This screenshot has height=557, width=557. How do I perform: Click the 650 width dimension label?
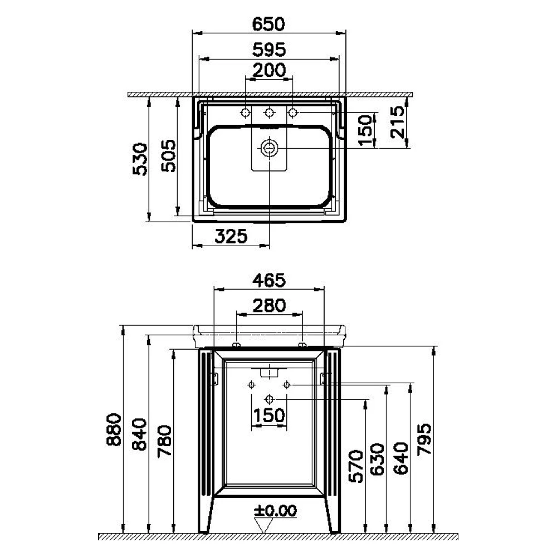coord(268,24)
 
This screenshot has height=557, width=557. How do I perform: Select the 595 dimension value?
coord(269,50)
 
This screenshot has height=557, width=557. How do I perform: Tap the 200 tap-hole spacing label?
coord(269,70)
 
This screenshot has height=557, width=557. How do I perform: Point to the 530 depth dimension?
coord(140,159)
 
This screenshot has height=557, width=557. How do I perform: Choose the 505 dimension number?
coord(168,155)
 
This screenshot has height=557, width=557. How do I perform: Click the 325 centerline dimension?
coord(231,236)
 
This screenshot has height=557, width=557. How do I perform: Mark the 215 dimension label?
coord(398,122)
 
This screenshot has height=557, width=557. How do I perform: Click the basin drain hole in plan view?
coord(269,148)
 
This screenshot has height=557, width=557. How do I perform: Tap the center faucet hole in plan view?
coord(269,113)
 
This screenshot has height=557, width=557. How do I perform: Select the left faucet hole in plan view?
coord(245,113)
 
